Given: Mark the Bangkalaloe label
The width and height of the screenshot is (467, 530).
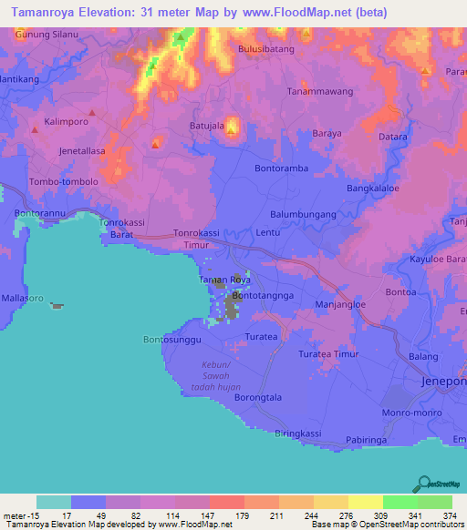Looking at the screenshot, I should pos(374,189).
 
